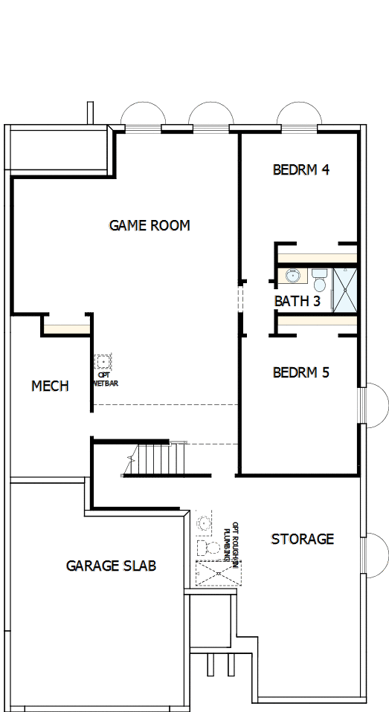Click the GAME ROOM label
coord(150,224)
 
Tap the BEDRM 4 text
coord(300,169)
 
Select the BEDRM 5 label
coord(300,372)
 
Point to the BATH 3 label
coord(297,301)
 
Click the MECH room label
coord(50,386)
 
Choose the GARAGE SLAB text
coord(111,566)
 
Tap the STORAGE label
coord(302,539)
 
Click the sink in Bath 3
coord(292,276)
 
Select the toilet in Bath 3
coord(319,280)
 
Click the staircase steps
coord(155,459)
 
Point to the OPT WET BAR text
coord(104,381)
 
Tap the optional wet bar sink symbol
coord(103,362)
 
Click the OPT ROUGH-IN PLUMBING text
coord(232,544)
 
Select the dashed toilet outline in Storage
coord(208,548)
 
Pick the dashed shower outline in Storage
coord(215,574)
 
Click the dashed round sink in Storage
coord(203,523)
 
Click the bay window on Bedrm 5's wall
coord(375,405)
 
